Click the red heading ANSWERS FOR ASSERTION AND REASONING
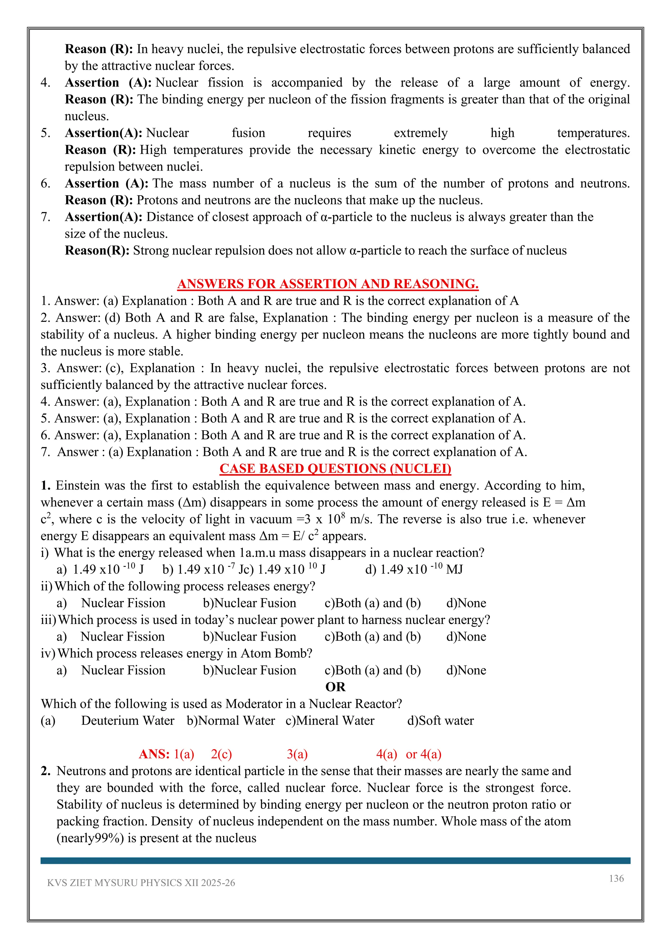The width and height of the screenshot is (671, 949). pyautogui.click(x=328, y=284)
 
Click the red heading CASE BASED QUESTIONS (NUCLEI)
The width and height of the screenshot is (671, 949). pyautogui.click(x=335, y=468)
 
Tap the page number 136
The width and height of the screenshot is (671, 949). pyautogui.click(x=616, y=878)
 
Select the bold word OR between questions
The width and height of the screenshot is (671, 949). pyautogui.click(x=335, y=687)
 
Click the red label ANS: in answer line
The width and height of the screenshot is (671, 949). pyautogui.click(x=154, y=754)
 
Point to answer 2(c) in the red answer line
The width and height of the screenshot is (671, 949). pyautogui.click(x=221, y=754)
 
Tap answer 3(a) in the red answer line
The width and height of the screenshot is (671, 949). pyautogui.click(x=297, y=754)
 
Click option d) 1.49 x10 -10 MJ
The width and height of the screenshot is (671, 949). pyautogui.click(x=413, y=570)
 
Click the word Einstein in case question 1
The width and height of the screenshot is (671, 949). pyautogui.click(x=78, y=486)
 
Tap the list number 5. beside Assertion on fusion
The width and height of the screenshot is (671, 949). pyautogui.click(x=46, y=133)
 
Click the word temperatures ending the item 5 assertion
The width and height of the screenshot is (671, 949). pyautogui.click(x=593, y=133)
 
